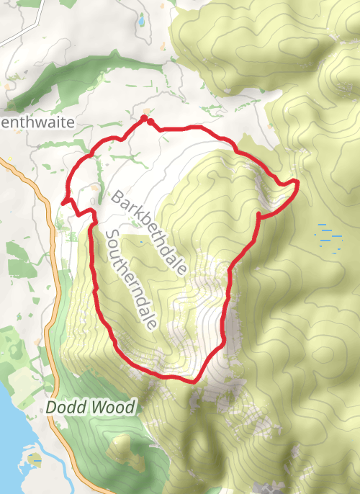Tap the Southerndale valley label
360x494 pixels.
pos(130,280)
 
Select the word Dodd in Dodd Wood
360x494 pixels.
pos(63,408)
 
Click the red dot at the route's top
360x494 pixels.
pos(145,117)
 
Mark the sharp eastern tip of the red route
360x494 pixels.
pos(296,183)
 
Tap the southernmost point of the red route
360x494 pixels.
pos(192,380)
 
